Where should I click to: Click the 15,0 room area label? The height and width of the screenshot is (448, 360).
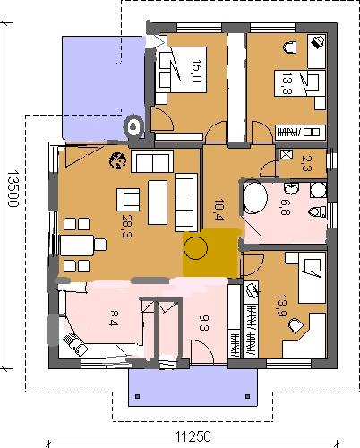[x=197, y=71]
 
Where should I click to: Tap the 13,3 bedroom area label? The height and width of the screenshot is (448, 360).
[x=287, y=83]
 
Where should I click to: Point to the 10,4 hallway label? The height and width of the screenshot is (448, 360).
[x=219, y=210]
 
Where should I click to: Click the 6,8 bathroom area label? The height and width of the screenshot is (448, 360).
[x=285, y=207]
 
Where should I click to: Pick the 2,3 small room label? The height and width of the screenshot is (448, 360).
[x=306, y=163]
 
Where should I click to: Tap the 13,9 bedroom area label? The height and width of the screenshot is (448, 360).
[x=281, y=306]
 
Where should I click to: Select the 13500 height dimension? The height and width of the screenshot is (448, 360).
[x=13, y=189]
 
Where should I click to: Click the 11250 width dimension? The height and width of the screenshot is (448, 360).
[x=193, y=436]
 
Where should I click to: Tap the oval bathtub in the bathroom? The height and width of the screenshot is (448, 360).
[x=255, y=197]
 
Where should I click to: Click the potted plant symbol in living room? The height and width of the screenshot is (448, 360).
[x=118, y=160]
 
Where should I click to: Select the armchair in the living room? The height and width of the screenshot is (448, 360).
[x=128, y=200]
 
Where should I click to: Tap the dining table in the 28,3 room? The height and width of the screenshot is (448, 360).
[x=77, y=246]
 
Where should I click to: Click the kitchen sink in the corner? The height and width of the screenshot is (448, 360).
[x=75, y=344]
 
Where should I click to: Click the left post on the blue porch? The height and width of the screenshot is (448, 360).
[x=137, y=396]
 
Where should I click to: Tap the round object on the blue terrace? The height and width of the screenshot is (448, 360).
[x=133, y=127]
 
